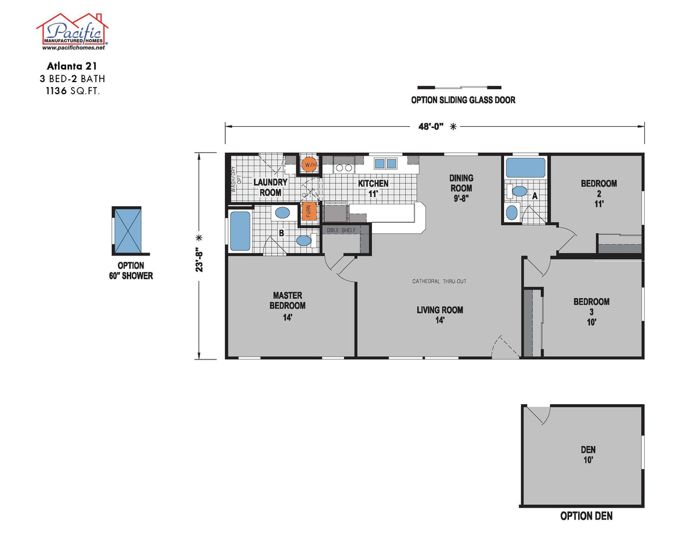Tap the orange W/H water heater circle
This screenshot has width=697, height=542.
pos(309,165)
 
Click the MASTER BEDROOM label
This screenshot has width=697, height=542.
pos(287,305)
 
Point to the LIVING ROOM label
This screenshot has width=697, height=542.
pos(440,315)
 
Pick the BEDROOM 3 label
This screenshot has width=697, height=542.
pos(591,311)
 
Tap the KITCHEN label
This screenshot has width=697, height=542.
pos(373,188)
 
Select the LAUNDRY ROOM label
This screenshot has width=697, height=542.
pos(270,187)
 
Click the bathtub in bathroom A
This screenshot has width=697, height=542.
pos(526,168)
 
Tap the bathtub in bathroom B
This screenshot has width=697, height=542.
pos(240,231)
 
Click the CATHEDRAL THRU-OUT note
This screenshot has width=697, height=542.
pos(439,281)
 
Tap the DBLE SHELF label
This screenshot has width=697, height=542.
pos(341,230)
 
